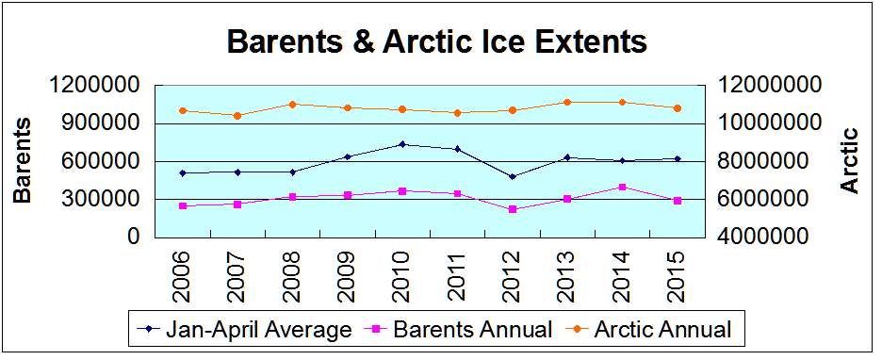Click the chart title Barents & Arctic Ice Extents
pyautogui.click(x=436, y=42)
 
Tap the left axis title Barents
pyautogui.click(x=23, y=160)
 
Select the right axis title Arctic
pyautogui.click(x=850, y=160)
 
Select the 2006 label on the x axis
pyautogui.click(x=182, y=272)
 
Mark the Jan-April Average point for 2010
pyautogui.click(x=402, y=144)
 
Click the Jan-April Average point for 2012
pyautogui.click(x=513, y=176)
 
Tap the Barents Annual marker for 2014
pyautogui.click(x=623, y=187)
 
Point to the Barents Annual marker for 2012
pyautogui.click(x=513, y=209)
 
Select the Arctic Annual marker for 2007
pyautogui.click(x=237, y=116)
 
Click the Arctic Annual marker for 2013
pyautogui.click(x=567, y=103)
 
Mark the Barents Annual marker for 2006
pyautogui.click(x=182, y=205)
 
